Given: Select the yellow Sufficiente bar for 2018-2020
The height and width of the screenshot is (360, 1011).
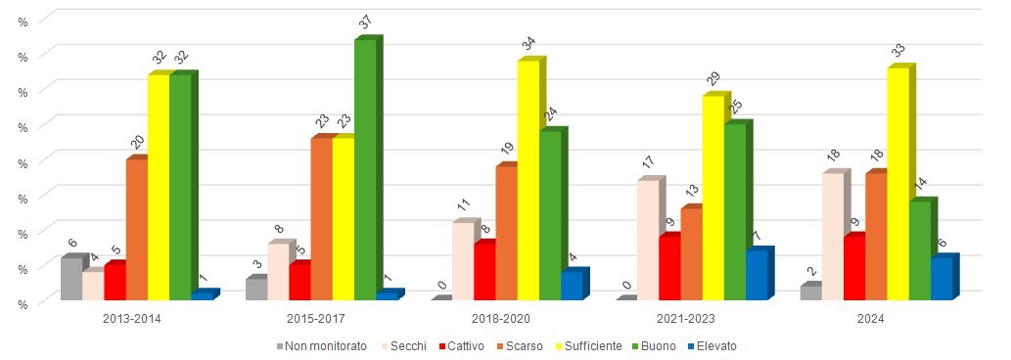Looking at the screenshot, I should (x=528, y=180).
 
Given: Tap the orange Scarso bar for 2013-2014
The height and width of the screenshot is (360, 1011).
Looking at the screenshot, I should (x=136, y=229).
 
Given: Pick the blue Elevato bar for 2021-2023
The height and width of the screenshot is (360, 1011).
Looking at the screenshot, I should (x=756, y=276).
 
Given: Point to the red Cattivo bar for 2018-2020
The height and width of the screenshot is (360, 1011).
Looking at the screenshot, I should (x=484, y=271).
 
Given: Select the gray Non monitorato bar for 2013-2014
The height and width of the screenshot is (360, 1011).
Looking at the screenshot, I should (x=70, y=279).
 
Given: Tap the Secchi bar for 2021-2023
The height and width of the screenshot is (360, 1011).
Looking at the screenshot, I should (x=648, y=241).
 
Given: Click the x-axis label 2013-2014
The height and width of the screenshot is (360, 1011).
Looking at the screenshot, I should (x=131, y=318).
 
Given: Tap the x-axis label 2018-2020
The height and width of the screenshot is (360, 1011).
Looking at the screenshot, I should (x=501, y=318).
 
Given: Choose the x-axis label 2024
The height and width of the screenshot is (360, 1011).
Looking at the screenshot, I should (x=871, y=318).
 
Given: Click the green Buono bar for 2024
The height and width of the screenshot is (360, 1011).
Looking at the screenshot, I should (x=919, y=250).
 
